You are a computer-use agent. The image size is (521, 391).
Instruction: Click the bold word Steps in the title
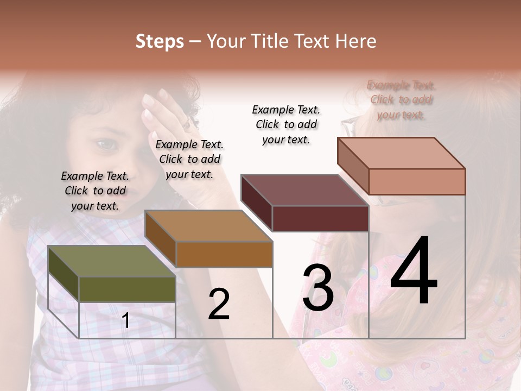point(160,41)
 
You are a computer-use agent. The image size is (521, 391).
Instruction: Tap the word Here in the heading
point(356,41)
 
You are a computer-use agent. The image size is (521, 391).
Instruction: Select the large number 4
point(414,271)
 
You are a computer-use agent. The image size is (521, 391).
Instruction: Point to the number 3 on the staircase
point(318,288)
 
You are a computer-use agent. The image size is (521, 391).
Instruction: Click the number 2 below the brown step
point(219,305)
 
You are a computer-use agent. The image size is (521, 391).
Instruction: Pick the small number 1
point(126,321)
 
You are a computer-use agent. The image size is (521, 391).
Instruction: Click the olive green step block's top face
point(111,261)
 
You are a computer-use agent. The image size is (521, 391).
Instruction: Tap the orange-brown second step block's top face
point(208,226)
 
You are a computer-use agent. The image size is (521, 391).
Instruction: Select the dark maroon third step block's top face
point(304,190)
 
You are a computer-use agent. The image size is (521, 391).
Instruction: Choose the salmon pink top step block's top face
point(401,153)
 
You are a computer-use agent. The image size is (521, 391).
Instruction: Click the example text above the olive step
point(95,191)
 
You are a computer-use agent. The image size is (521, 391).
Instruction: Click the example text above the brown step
point(189,159)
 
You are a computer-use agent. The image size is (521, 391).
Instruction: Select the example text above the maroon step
point(286,124)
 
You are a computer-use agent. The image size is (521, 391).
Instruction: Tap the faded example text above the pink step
point(401,100)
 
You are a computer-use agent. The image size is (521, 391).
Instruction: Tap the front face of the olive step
point(127,289)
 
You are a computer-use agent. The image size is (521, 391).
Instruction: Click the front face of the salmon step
point(417,181)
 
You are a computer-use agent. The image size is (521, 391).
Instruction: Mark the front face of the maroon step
point(320,218)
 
